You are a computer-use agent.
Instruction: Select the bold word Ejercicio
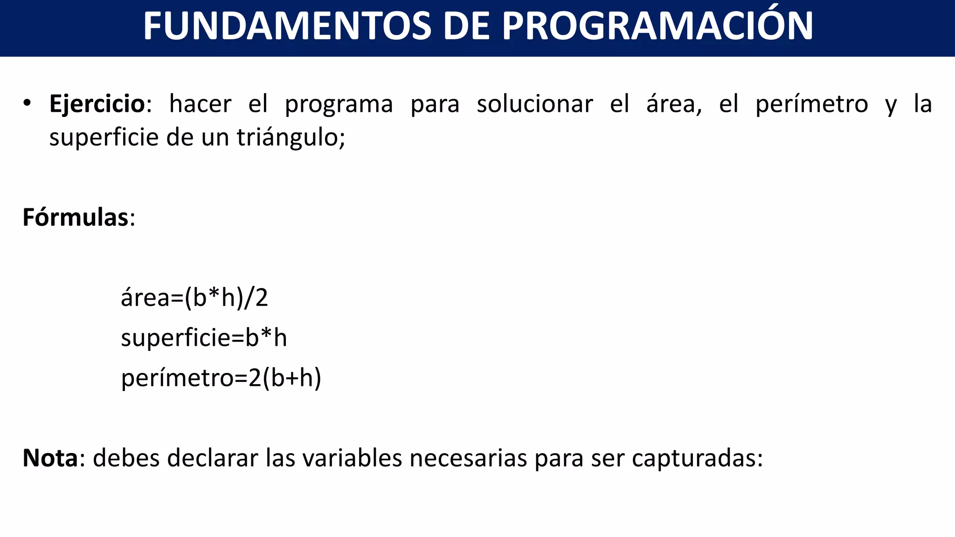pos(97,103)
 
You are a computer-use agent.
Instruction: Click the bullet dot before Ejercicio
pos(27,103)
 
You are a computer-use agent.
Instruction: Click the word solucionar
pos(534,103)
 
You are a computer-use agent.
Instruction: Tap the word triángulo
pos(290,138)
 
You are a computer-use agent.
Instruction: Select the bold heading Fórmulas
pos(76,217)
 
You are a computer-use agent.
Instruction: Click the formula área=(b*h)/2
pos(194,297)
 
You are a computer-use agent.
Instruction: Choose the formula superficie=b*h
pos(204,337)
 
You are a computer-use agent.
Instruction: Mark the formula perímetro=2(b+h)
pos(221,378)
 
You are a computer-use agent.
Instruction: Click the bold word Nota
pos(50,458)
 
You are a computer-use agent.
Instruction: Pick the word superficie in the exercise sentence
pos(104,138)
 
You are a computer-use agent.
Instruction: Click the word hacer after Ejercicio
pos(200,103)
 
